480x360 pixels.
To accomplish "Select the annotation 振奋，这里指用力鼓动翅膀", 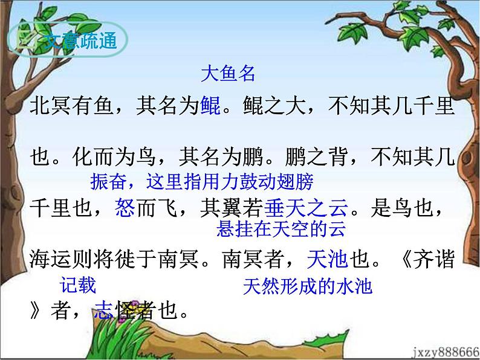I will click(x=201, y=181).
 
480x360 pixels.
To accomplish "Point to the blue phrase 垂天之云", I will click(x=307, y=208).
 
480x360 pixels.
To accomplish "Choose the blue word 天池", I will click(x=326, y=260).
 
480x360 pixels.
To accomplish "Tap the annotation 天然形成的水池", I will click(x=308, y=286).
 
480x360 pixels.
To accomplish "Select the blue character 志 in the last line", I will click(x=102, y=311).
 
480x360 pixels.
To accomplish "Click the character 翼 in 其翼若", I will click(x=224, y=208).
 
